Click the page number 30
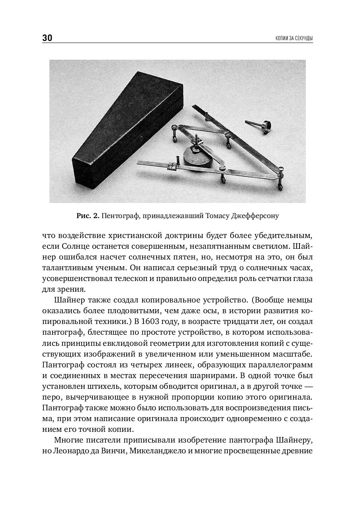pos(47,38)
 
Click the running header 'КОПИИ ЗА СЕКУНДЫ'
pos(294,39)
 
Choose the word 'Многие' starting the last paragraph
pos(66,441)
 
